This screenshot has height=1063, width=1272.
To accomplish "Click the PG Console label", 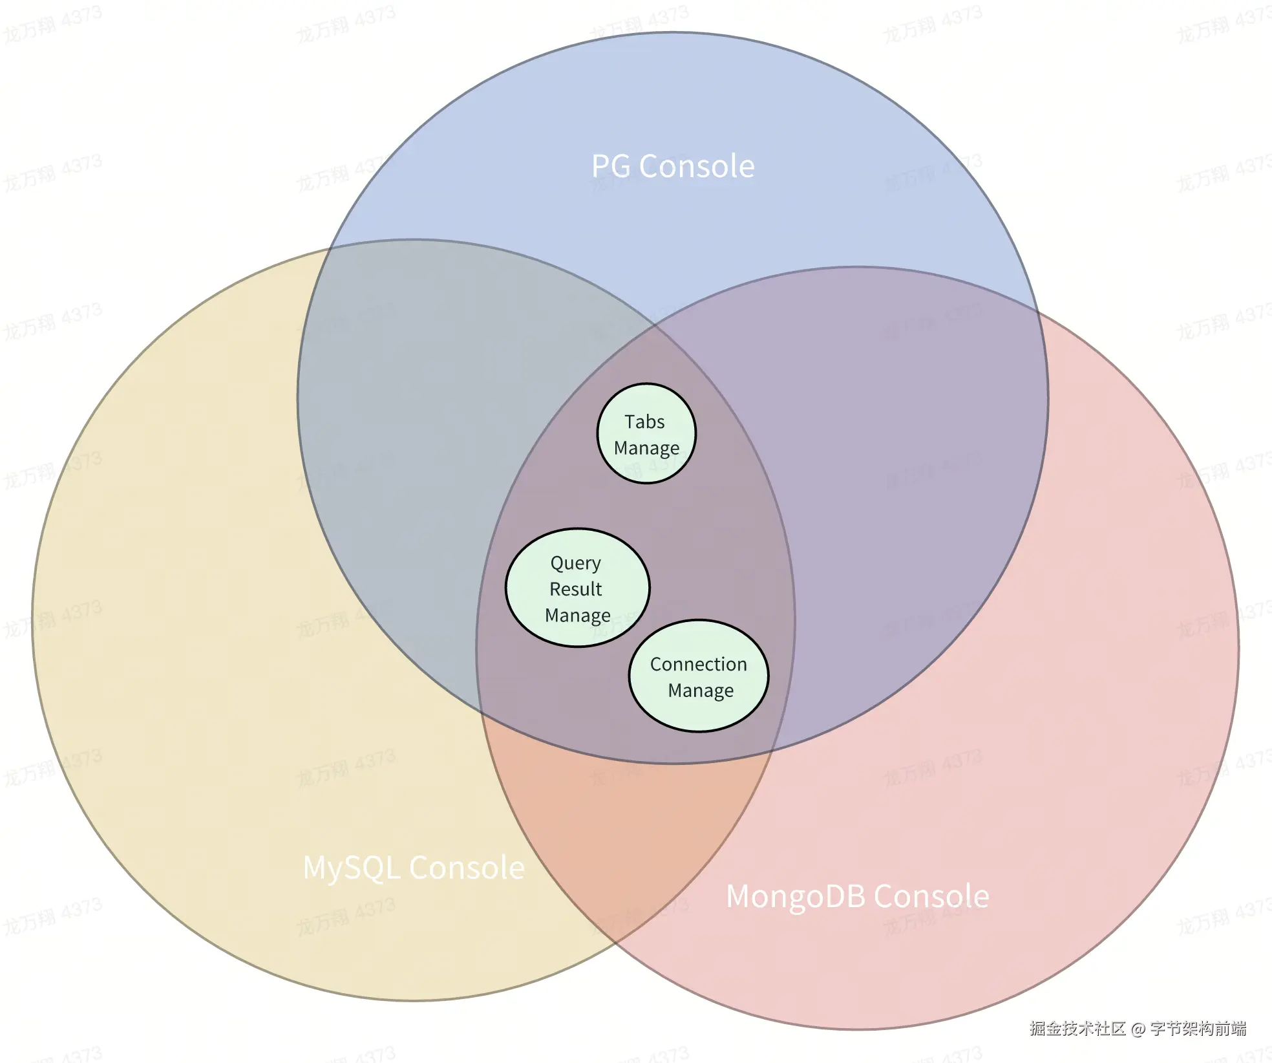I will (x=673, y=166).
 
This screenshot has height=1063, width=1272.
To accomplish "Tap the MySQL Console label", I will (x=414, y=868).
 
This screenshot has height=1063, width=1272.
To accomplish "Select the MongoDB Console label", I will (x=857, y=896).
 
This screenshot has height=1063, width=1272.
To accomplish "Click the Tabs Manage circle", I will (x=646, y=434).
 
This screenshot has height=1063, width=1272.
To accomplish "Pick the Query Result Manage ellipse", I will (x=577, y=588).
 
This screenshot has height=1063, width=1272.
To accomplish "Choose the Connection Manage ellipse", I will (x=699, y=676).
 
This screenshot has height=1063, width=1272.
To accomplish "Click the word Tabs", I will (x=644, y=422).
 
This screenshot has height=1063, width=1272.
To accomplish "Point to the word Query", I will (x=575, y=563).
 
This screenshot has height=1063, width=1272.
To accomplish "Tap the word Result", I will (x=575, y=589).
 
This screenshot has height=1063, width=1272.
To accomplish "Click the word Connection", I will (x=698, y=664).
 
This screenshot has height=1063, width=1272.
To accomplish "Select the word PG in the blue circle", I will (x=611, y=166).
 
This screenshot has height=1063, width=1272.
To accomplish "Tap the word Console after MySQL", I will (x=467, y=868).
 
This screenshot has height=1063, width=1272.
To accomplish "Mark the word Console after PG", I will (x=697, y=166).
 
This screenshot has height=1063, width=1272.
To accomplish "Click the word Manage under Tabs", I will (x=646, y=448).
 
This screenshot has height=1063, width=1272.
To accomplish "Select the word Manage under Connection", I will (x=701, y=691).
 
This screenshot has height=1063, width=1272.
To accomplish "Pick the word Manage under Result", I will (x=577, y=616).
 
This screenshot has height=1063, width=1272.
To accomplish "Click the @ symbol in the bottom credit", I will (x=1138, y=1029).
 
